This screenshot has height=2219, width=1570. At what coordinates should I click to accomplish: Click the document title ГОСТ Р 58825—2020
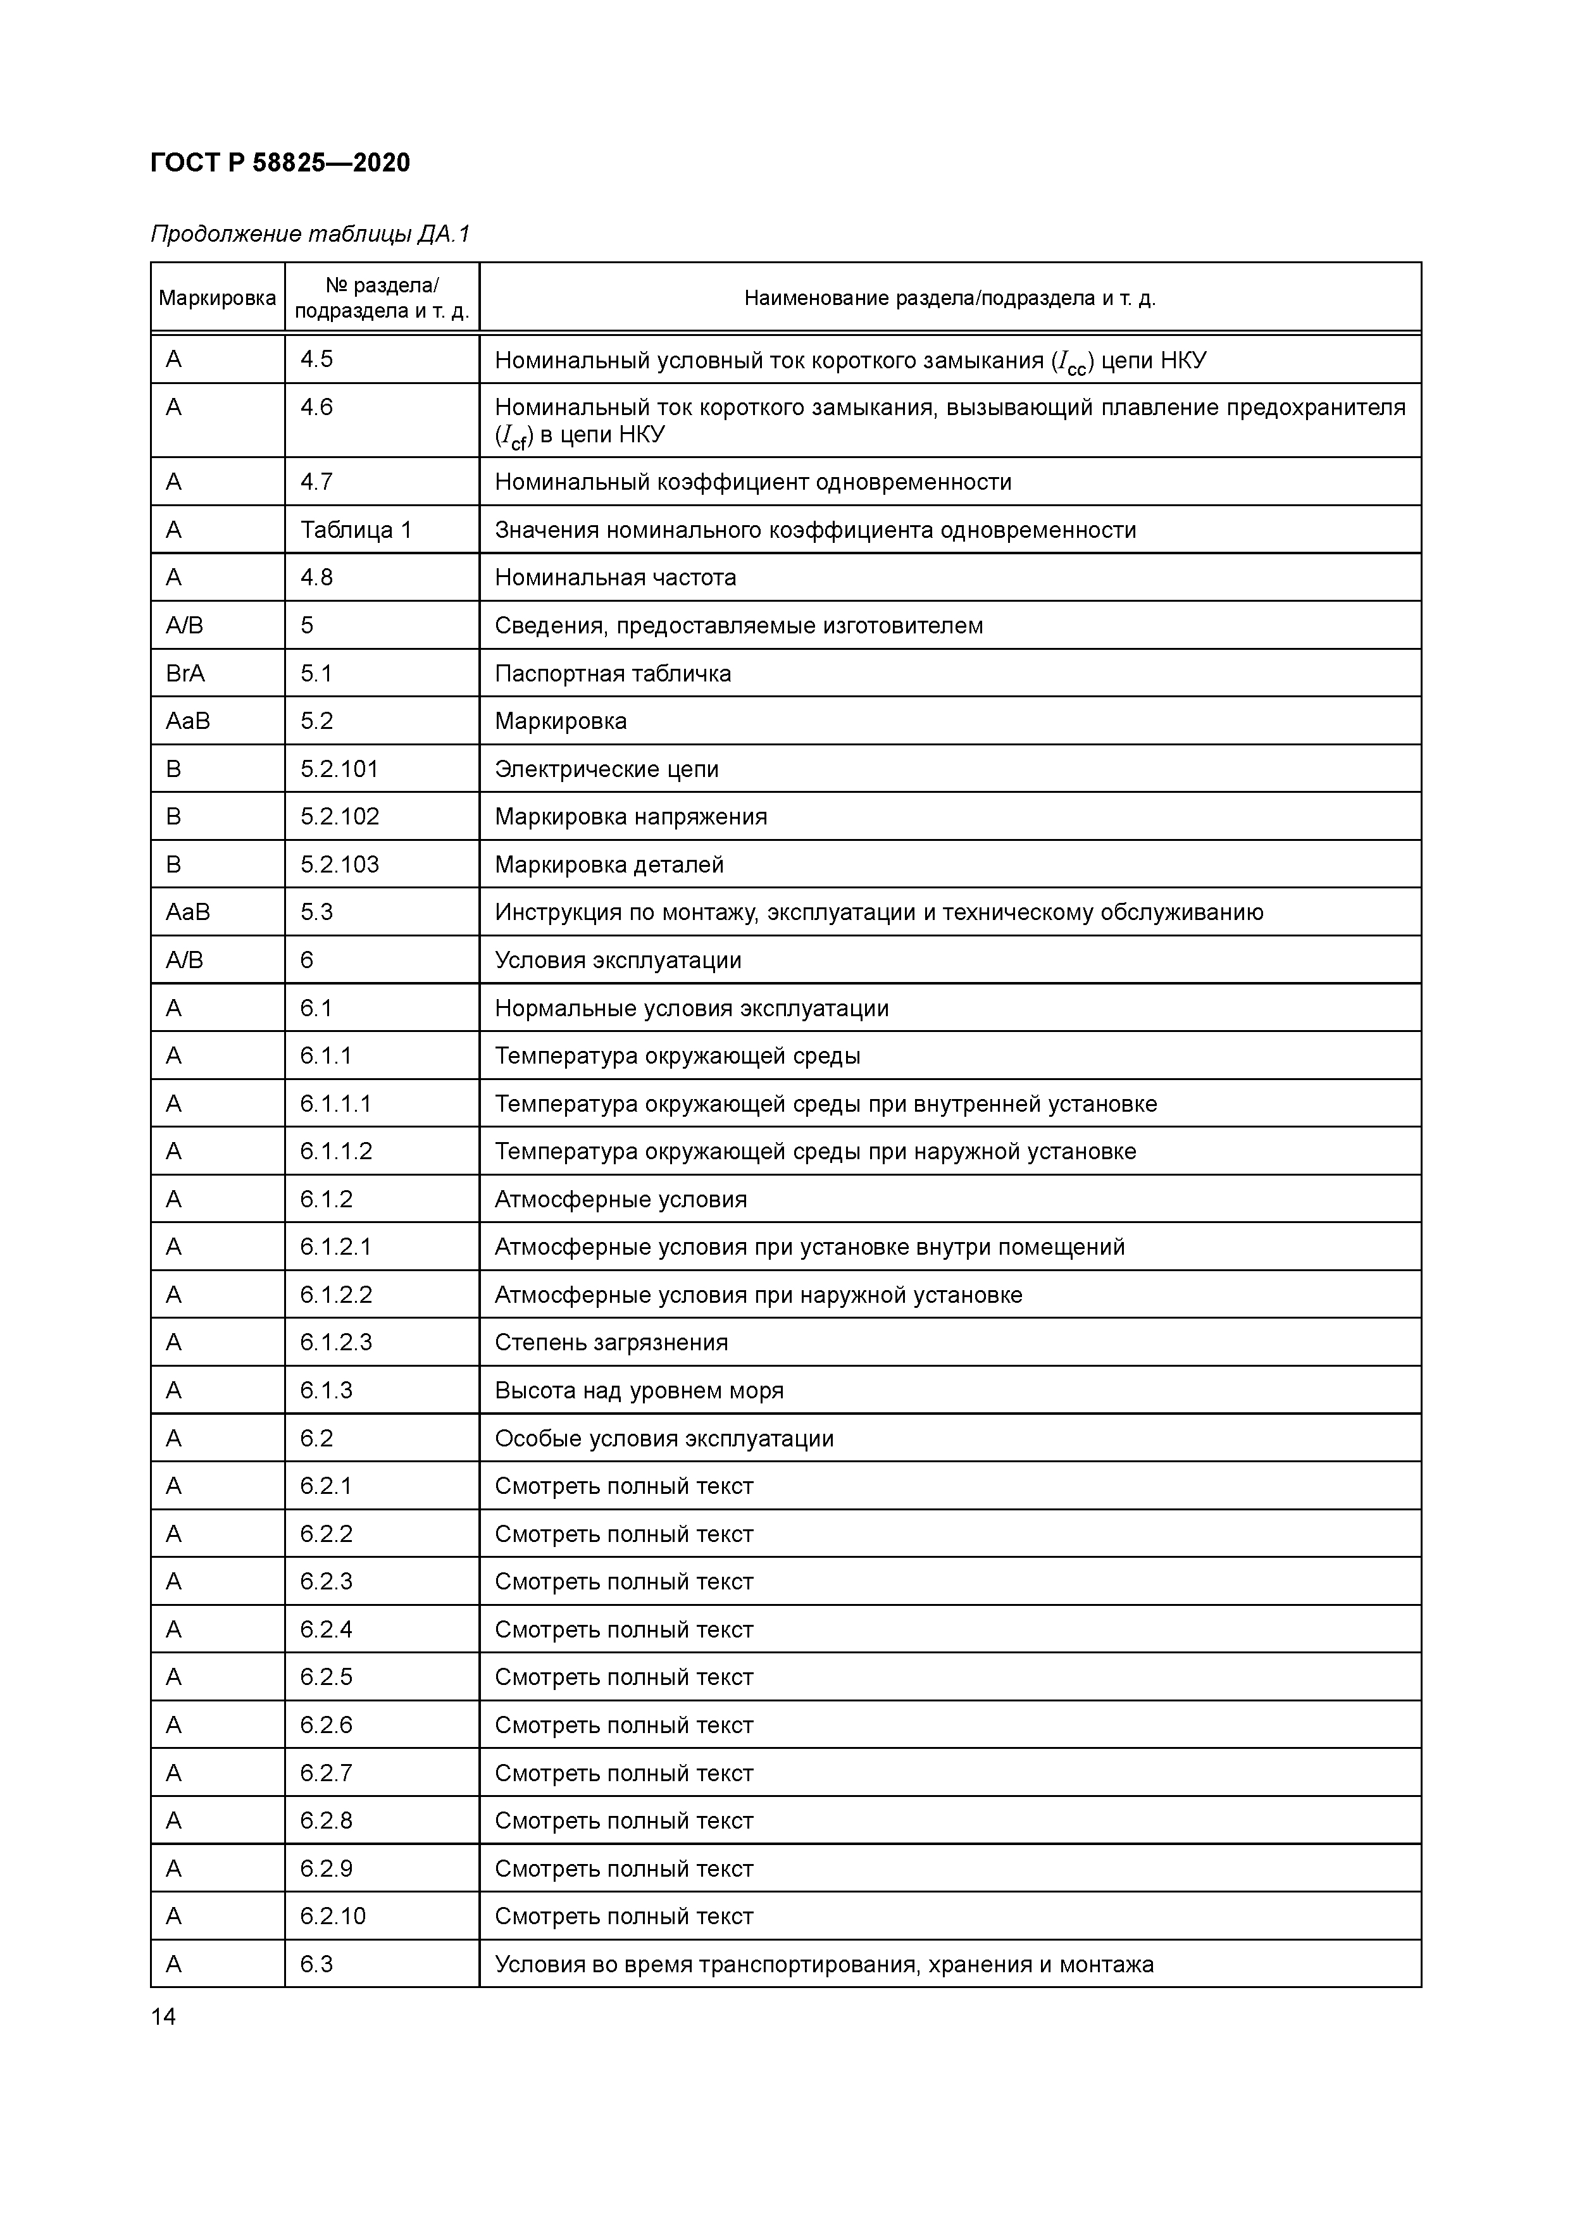(x=280, y=163)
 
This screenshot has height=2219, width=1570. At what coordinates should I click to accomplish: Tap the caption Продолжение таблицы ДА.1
(x=309, y=234)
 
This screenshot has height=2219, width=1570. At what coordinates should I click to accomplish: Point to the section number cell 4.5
(x=316, y=359)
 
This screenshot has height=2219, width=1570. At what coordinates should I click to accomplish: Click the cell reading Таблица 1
(x=356, y=530)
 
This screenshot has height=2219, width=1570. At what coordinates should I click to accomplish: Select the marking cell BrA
(x=185, y=674)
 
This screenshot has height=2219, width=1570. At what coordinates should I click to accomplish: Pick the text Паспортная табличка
(x=613, y=674)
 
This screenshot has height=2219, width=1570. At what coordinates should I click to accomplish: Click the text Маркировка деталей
(x=609, y=865)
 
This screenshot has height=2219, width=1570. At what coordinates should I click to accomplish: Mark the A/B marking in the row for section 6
(x=185, y=960)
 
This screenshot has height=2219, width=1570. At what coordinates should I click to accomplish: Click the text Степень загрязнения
(x=611, y=1343)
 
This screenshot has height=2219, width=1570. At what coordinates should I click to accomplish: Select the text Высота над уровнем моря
(x=639, y=1391)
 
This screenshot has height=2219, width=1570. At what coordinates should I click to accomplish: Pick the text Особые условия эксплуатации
(x=664, y=1438)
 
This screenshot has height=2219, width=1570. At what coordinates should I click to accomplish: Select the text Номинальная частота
(x=615, y=578)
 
